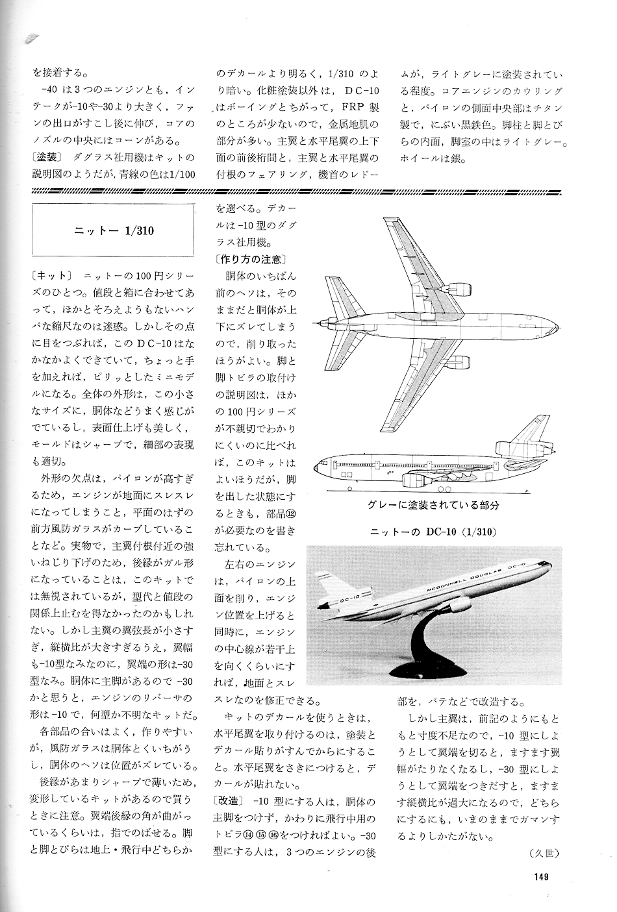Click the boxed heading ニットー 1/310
pyautogui.click(x=114, y=230)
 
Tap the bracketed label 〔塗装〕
pyautogui.click(x=50, y=158)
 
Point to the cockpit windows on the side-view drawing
pyautogui.click(x=320, y=465)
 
